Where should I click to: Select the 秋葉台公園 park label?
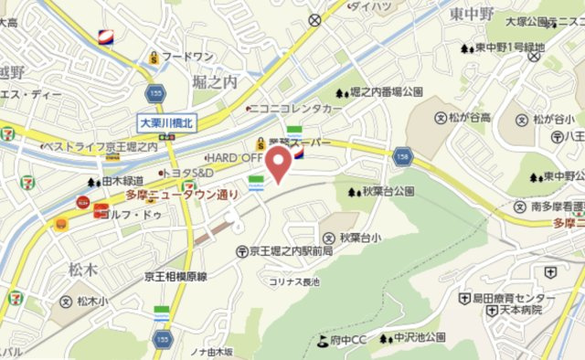click(x=388, y=192)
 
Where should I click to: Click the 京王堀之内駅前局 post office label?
click(x=290, y=250)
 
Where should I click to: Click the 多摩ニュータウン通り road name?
click(x=182, y=195)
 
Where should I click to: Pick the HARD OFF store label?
click(x=234, y=157)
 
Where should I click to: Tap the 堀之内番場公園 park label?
click(x=386, y=92)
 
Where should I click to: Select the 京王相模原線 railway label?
click(x=188, y=276)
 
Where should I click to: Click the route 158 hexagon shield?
click(x=403, y=158)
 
